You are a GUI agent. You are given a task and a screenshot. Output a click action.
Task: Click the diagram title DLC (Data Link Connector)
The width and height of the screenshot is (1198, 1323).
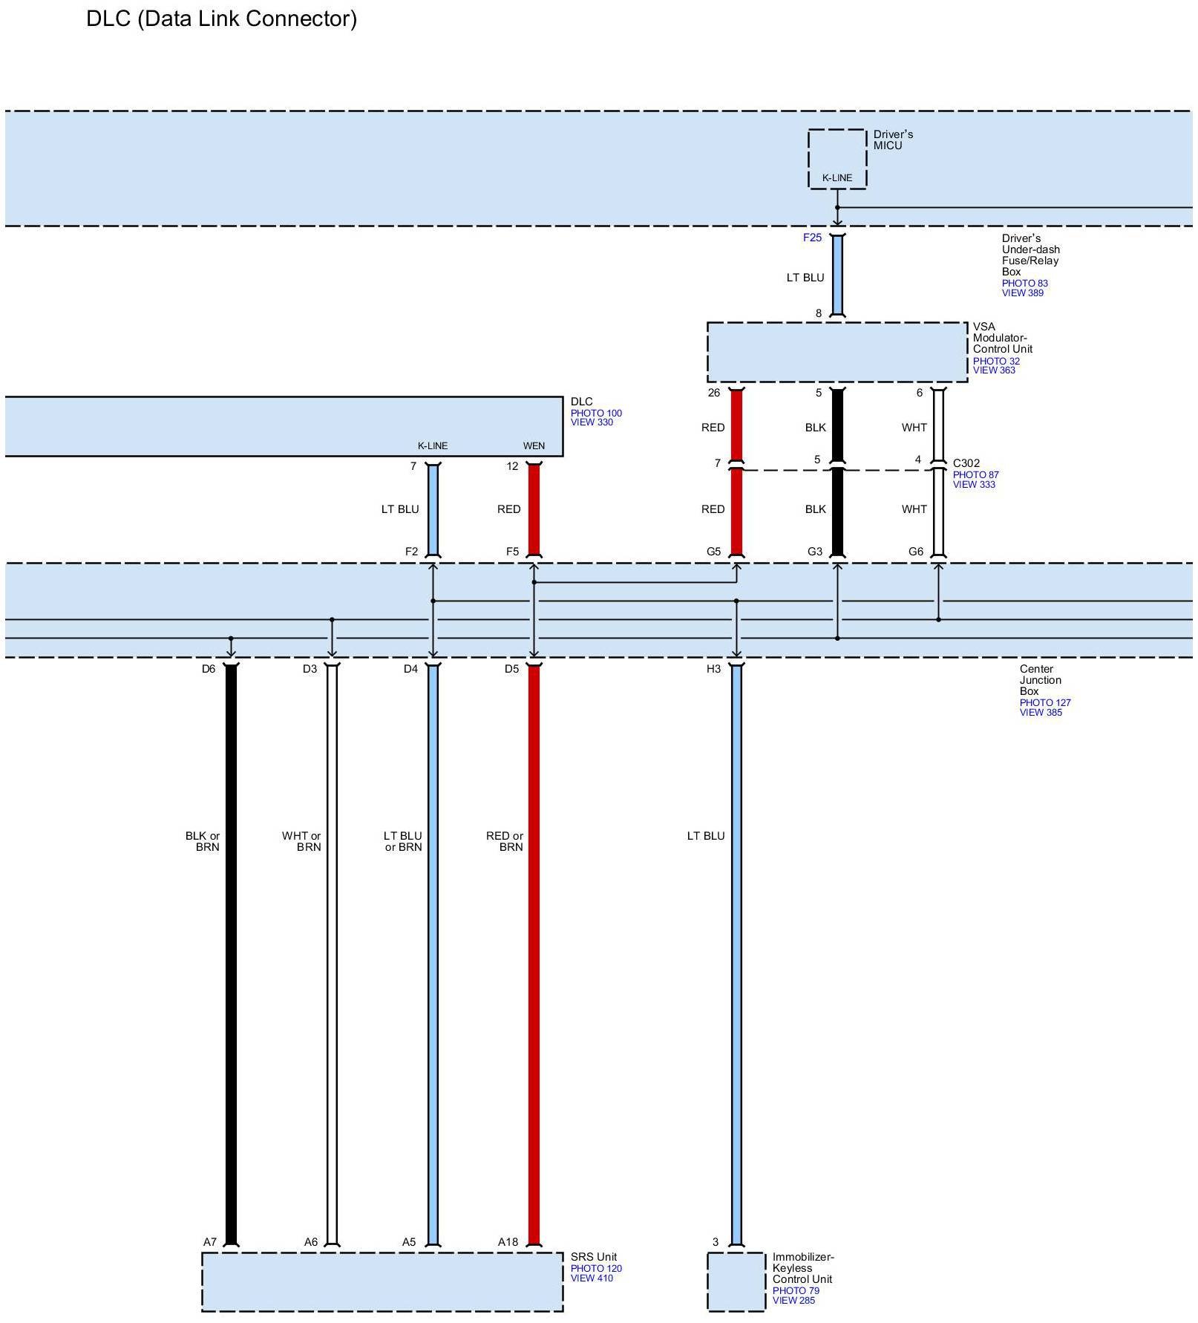click(221, 19)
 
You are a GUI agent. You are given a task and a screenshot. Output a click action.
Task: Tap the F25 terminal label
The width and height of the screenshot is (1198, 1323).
click(812, 238)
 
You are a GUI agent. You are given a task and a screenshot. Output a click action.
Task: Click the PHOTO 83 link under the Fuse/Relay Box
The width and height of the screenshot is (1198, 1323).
click(1024, 283)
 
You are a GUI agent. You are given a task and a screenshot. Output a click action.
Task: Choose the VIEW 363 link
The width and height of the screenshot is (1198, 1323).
click(994, 370)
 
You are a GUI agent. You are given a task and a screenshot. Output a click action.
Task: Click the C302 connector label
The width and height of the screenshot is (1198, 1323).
click(966, 463)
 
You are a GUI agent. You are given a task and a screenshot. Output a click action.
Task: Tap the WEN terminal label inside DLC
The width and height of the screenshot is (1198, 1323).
click(534, 446)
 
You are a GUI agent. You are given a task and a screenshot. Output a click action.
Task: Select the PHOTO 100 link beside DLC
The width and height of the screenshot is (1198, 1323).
click(596, 414)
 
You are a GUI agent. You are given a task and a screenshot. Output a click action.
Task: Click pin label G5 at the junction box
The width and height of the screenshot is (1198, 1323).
click(713, 552)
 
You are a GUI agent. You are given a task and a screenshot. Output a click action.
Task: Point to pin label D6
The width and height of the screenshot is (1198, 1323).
click(209, 669)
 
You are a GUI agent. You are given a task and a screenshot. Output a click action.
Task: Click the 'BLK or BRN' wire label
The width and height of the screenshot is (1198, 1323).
click(203, 841)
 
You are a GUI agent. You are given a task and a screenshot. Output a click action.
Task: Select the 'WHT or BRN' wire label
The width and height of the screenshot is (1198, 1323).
click(301, 841)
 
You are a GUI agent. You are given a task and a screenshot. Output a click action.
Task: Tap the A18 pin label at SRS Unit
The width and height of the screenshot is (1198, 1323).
click(508, 1242)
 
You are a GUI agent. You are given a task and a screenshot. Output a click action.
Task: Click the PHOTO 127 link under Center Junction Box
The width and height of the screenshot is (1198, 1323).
click(1045, 702)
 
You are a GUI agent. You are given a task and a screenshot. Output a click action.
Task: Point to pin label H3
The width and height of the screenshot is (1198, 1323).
click(713, 669)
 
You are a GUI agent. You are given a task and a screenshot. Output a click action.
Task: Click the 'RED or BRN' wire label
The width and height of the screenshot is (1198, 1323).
click(505, 841)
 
